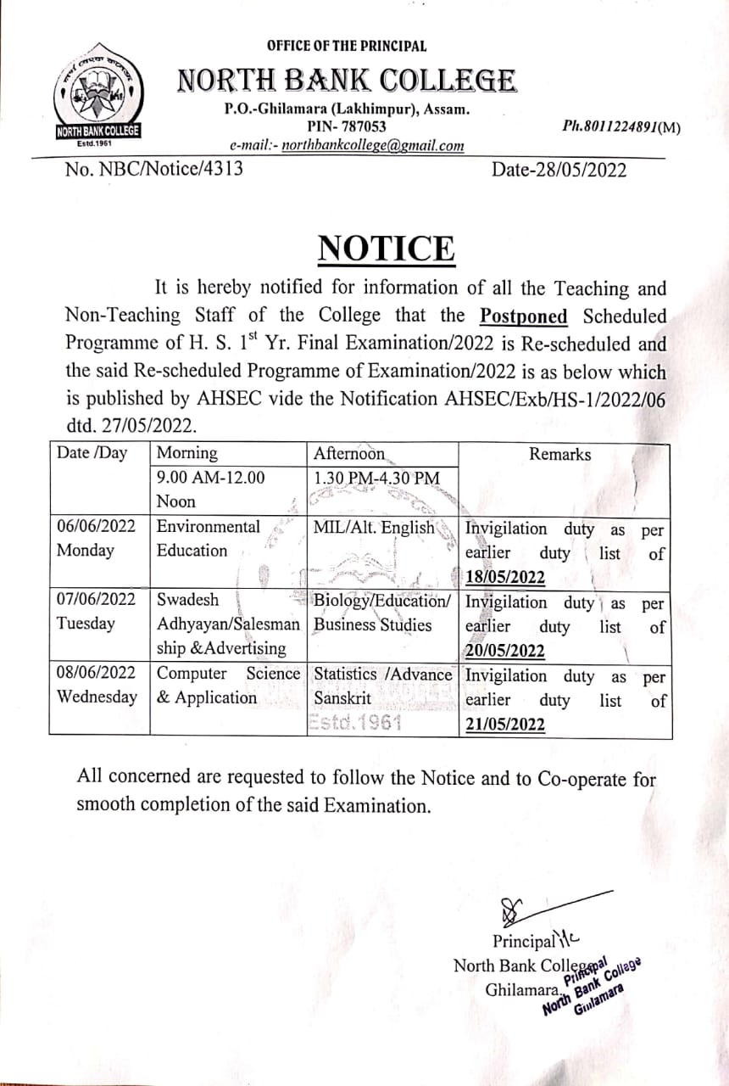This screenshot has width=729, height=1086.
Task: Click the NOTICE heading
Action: click(x=386, y=248)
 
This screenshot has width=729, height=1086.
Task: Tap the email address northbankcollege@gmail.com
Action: click(x=373, y=145)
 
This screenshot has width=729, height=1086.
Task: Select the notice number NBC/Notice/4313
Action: click(x=154, y=168)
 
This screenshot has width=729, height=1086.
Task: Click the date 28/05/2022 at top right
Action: click(x=560, y=170)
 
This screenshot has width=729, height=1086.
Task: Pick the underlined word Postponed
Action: click(x=524, y=316)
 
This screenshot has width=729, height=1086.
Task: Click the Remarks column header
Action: click(x=560, y=454)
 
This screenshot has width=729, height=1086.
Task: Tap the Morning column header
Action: click(x=187, y=453)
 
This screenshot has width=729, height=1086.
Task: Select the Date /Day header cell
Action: click(x=92, y=453)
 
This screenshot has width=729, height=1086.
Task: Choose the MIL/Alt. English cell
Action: click(x=374, y=528)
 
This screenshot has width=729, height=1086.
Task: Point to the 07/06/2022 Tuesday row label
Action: click(x=96, y=612)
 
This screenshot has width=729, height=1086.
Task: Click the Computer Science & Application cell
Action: click(x=228, y=686)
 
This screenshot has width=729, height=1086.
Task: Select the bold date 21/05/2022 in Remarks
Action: click(x=505, y=725)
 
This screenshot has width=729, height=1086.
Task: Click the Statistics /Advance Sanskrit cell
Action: click(x=382, y=686)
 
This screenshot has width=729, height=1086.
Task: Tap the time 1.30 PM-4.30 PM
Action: click(x=376, y=479)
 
